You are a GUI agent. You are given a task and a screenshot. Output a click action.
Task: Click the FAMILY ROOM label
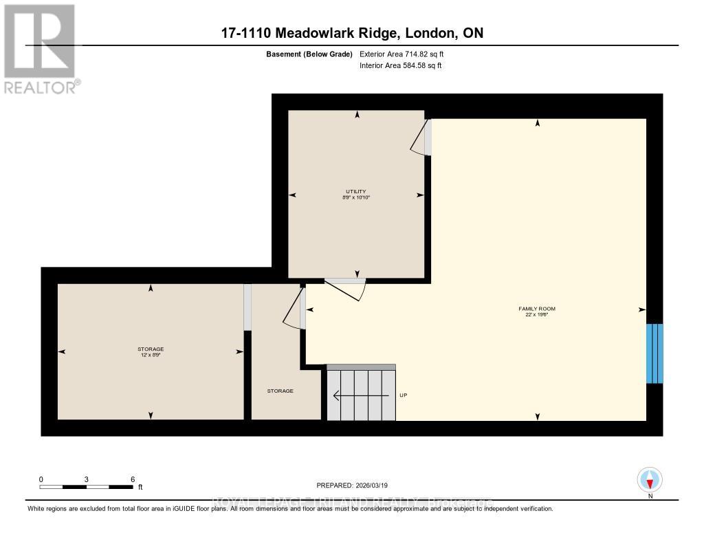pyautogui.click(x=536, y=309)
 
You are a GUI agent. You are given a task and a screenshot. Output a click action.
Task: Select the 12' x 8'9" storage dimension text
pyautogui.click(x=150, y=356)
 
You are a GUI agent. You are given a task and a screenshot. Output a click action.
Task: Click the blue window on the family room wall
pyautogui.click(x=654, y=353)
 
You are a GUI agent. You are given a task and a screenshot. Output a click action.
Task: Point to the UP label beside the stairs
pyautogui.click(x=404, y=395)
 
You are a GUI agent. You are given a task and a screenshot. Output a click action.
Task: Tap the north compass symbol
pyautogui.click(x=649, y=479)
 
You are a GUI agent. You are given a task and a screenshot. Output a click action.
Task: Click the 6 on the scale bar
pyautogui.click(x=132, y=479)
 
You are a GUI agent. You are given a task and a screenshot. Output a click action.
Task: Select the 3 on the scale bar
pyautogui.click(x=87, y=479)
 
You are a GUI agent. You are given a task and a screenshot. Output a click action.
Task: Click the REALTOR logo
pyautogui.click(x=40, y=48)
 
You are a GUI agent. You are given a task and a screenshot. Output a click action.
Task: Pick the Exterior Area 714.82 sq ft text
pyautogui.click(x=406, y=54)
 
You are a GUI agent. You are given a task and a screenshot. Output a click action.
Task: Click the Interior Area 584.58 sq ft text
pyautogui.click(x=400, y=66)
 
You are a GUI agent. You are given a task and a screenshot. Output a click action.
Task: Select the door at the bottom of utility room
pyautogui.click(x=347, y=288)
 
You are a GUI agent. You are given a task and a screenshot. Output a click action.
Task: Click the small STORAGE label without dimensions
pyautogui.click(x=280, y=391)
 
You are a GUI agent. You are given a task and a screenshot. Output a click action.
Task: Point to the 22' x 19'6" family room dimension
pyautogui.click(x=536, y=315)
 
